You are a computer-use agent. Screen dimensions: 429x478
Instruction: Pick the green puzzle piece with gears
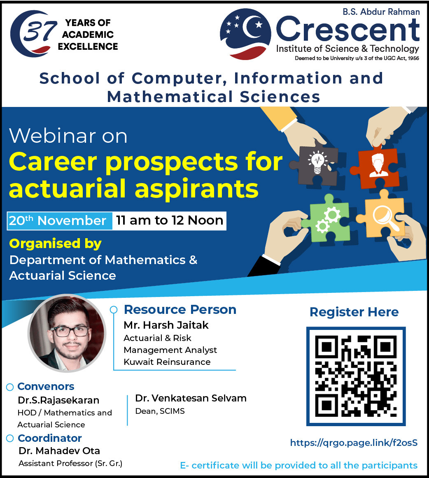(326, 218)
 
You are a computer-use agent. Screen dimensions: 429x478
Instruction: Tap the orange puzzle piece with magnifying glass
(381, 214)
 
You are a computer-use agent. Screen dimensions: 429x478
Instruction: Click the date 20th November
(58, 220)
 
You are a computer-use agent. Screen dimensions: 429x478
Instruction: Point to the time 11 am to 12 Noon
(170, 220)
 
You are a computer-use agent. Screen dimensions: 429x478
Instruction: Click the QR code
(356, 376)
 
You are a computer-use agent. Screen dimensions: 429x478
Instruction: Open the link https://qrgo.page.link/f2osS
(354, 443)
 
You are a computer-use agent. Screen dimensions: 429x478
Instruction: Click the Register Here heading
(354, 312)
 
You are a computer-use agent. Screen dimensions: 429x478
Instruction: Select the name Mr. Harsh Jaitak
(166, 325)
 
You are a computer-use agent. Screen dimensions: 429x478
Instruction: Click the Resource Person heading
(180, 309)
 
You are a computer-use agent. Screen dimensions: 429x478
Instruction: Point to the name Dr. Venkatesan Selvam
(191, 398)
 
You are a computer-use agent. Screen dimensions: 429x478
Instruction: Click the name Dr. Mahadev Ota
(59, 450)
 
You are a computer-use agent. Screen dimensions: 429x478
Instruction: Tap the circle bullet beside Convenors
(10, 387)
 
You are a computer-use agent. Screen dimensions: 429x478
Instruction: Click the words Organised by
(55, 244)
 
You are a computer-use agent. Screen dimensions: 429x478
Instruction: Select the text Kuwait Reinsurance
(167, 362)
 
